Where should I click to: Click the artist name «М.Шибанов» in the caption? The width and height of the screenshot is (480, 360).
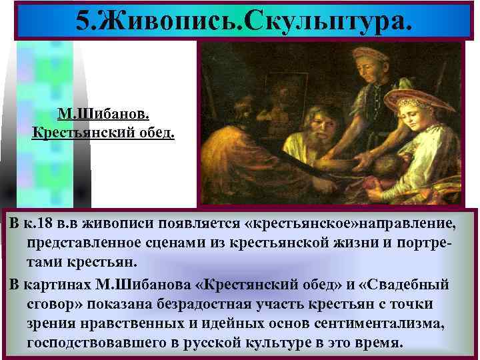click(104, 111)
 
